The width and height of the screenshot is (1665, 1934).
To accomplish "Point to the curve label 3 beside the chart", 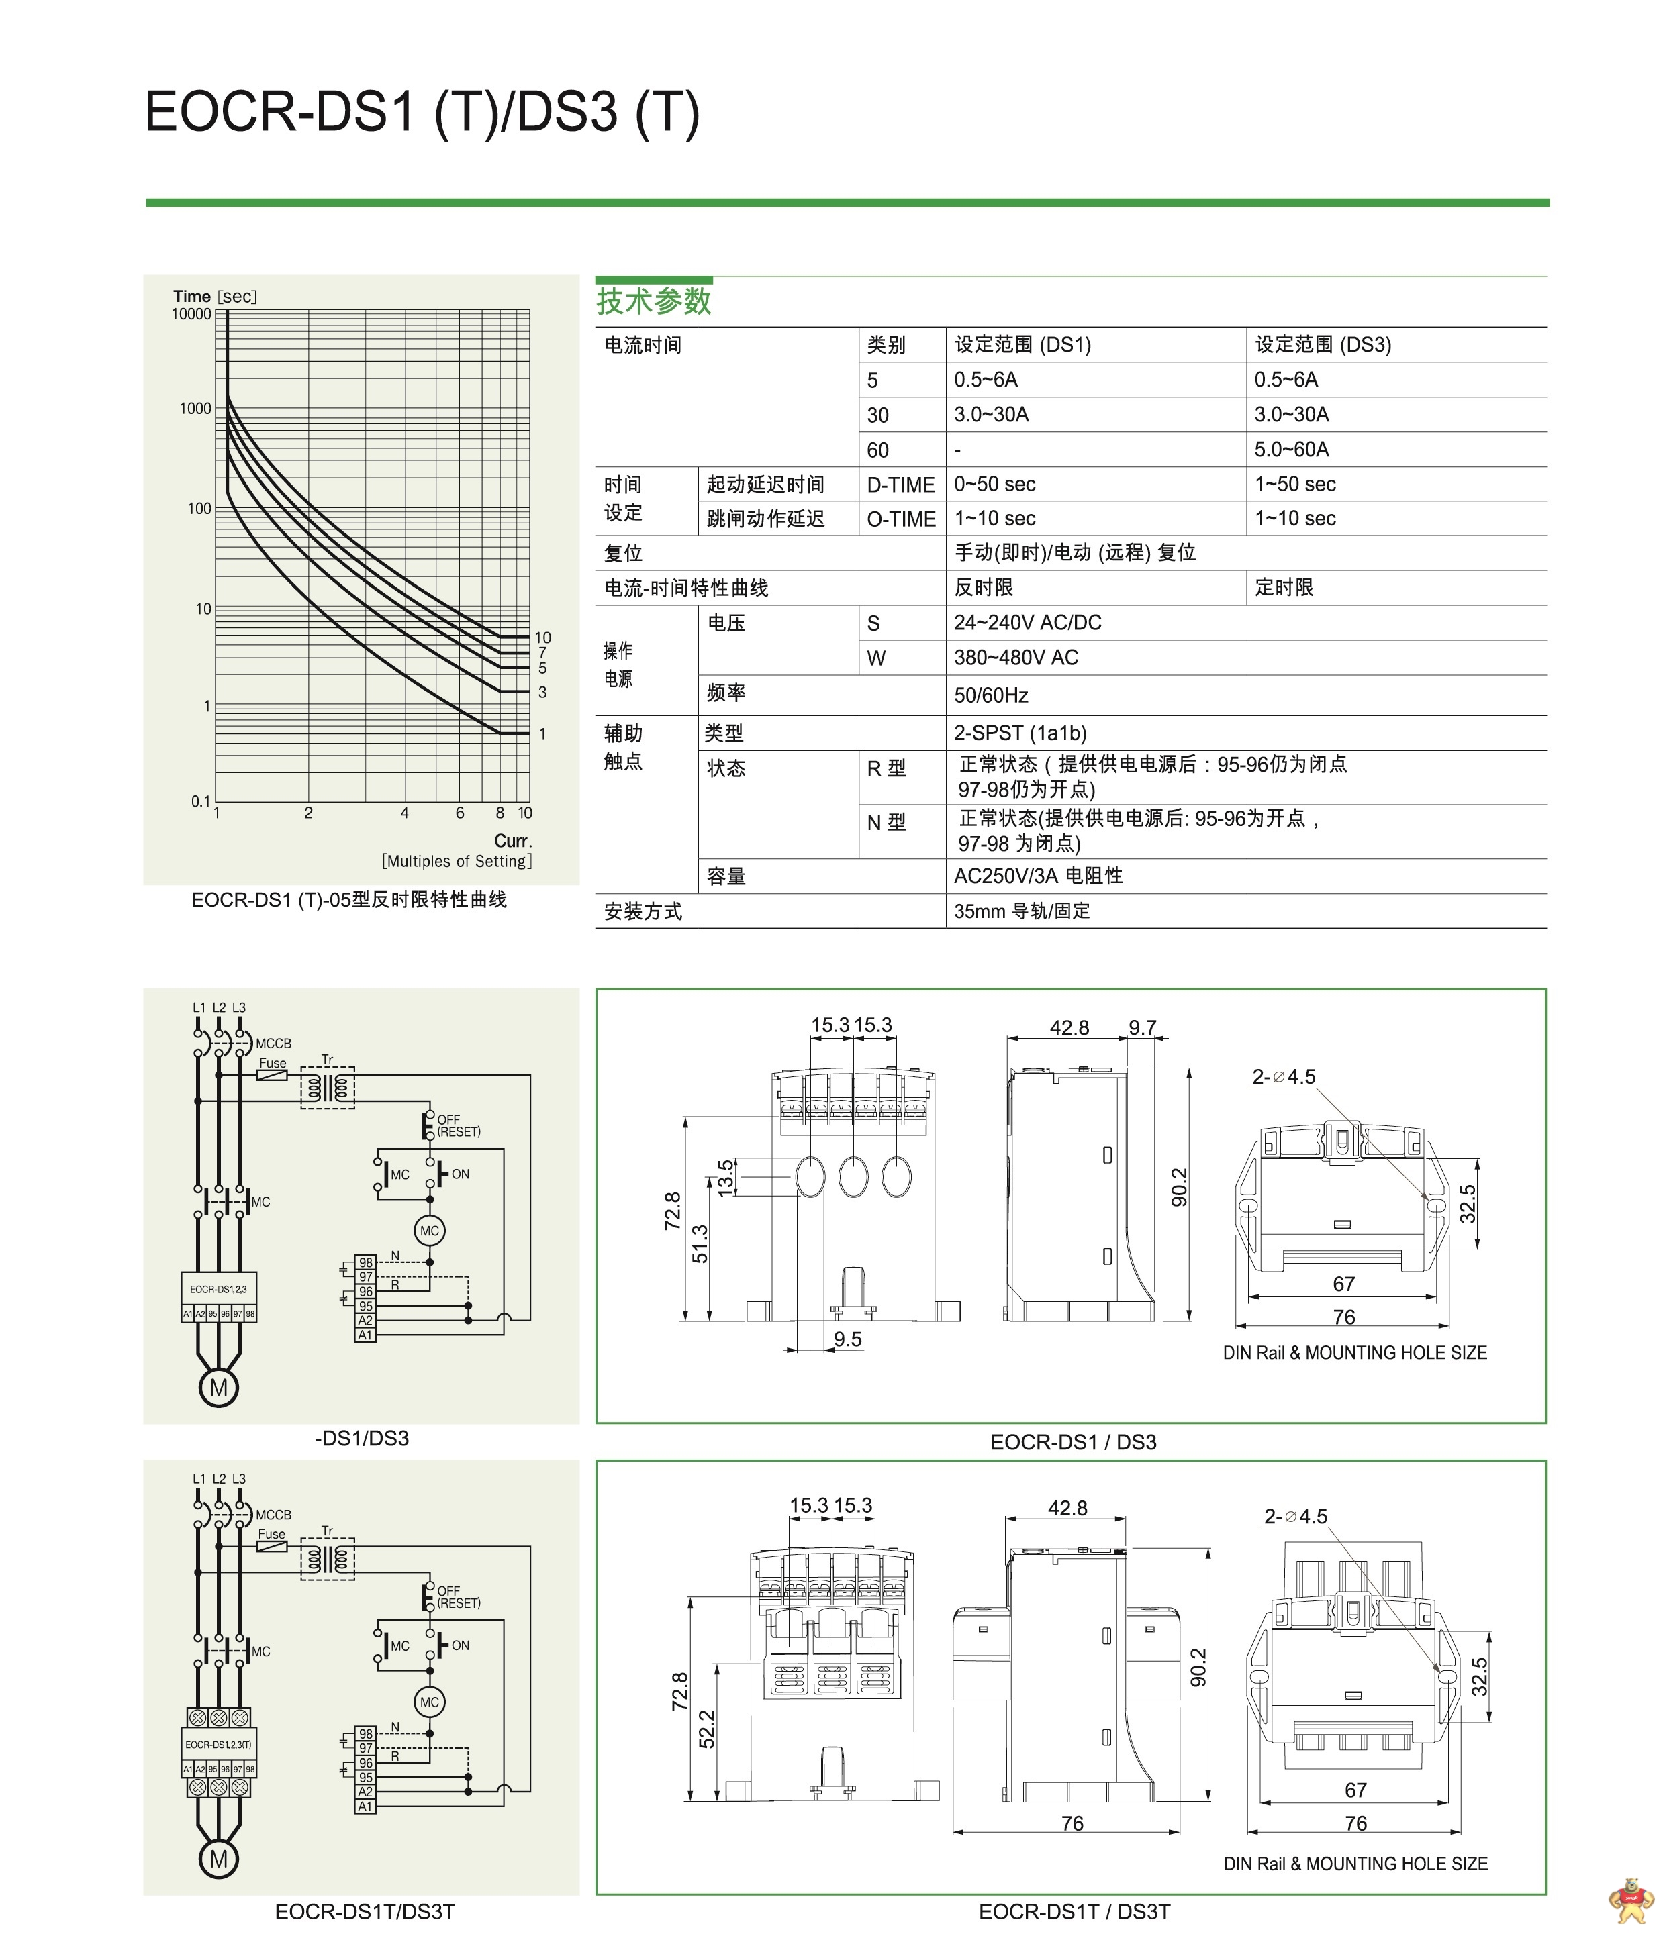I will pyautogui.click(x=542, y=693).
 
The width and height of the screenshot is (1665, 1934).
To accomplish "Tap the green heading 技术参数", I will pyautogui.click(x=654, y=301).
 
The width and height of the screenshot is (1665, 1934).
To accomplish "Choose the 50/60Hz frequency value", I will pyautogui.click(x=991, y=695).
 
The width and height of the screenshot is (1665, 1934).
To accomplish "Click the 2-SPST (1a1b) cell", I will pyautogui.click(x=1020, y=733).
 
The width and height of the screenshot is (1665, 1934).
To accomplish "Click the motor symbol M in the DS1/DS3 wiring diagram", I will pyautogui.click(x=218, y=1388).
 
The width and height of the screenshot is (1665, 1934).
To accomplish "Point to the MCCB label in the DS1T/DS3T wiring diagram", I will pyautogui.click(x=274, y=1515).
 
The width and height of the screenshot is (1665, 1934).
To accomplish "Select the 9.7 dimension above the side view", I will pyautogui.click(x=1142, y=1027).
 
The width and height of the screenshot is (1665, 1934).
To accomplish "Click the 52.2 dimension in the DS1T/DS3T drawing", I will pyautogui.click(x=707, y=1729).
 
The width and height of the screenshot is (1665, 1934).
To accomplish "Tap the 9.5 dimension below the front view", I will pyautogui.click(x=847, y=1339).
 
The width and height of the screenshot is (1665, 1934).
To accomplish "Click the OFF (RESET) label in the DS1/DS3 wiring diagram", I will pyautogui.click(x=459, y=1125).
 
